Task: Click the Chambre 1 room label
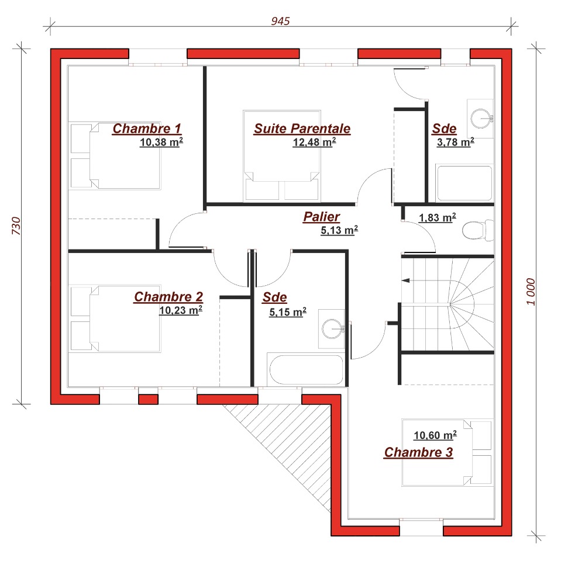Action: [147, 129]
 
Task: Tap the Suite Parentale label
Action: [302, 129]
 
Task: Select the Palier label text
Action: [321, 217]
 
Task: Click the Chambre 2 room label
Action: [168, 297]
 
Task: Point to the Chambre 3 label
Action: [418, 452]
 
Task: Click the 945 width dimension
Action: [280, 21]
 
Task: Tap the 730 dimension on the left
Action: [16, 226]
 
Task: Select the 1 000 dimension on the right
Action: [531, 292]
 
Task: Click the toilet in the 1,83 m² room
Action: [478, 230]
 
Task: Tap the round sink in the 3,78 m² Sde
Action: [480, 119]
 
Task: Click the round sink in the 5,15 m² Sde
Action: [332, 328]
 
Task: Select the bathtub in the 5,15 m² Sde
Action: [306, 370]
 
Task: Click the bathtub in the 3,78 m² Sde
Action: [464, 183]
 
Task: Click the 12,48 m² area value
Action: [314, 143]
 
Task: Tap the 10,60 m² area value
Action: [435, 435]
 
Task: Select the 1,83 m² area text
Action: [437, 217]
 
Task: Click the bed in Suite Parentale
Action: [281, 156]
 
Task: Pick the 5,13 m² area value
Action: [339, 230]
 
